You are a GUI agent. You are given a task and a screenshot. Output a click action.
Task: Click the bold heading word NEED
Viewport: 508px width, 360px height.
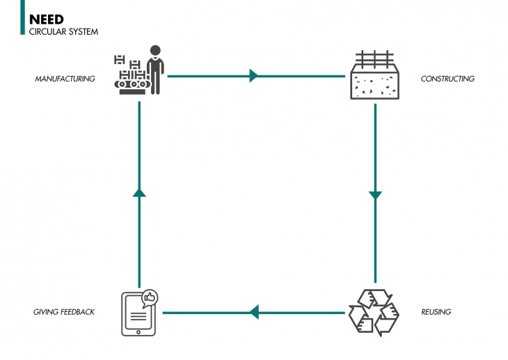coord(46,19)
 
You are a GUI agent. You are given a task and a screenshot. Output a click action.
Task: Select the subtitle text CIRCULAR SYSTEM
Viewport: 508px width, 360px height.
coord(63,31)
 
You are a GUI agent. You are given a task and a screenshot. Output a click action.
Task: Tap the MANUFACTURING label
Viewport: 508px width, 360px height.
coord(65,79)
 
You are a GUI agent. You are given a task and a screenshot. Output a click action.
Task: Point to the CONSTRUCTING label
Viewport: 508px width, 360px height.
coord(447,79)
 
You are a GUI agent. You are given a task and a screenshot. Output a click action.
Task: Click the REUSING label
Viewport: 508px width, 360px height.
coord(436,312)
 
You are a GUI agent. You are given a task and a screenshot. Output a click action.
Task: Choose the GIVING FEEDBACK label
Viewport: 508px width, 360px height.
coord(64,312)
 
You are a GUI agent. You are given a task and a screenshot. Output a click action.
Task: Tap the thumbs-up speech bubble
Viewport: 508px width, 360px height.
coord(150,298)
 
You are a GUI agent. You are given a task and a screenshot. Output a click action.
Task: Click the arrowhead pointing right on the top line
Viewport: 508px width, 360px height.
coord(254,75)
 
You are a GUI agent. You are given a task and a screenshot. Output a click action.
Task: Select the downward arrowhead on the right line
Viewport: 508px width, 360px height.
coord(376,196)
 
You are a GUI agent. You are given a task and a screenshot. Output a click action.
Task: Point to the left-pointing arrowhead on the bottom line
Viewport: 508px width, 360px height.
coord(254,312)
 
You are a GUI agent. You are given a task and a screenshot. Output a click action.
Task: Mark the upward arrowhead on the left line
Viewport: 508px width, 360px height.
coord(139,191)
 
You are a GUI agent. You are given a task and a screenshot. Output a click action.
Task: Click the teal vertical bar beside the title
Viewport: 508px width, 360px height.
coord(23,17)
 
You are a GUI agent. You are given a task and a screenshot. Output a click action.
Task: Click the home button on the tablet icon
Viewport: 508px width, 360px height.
coord(138,331)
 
